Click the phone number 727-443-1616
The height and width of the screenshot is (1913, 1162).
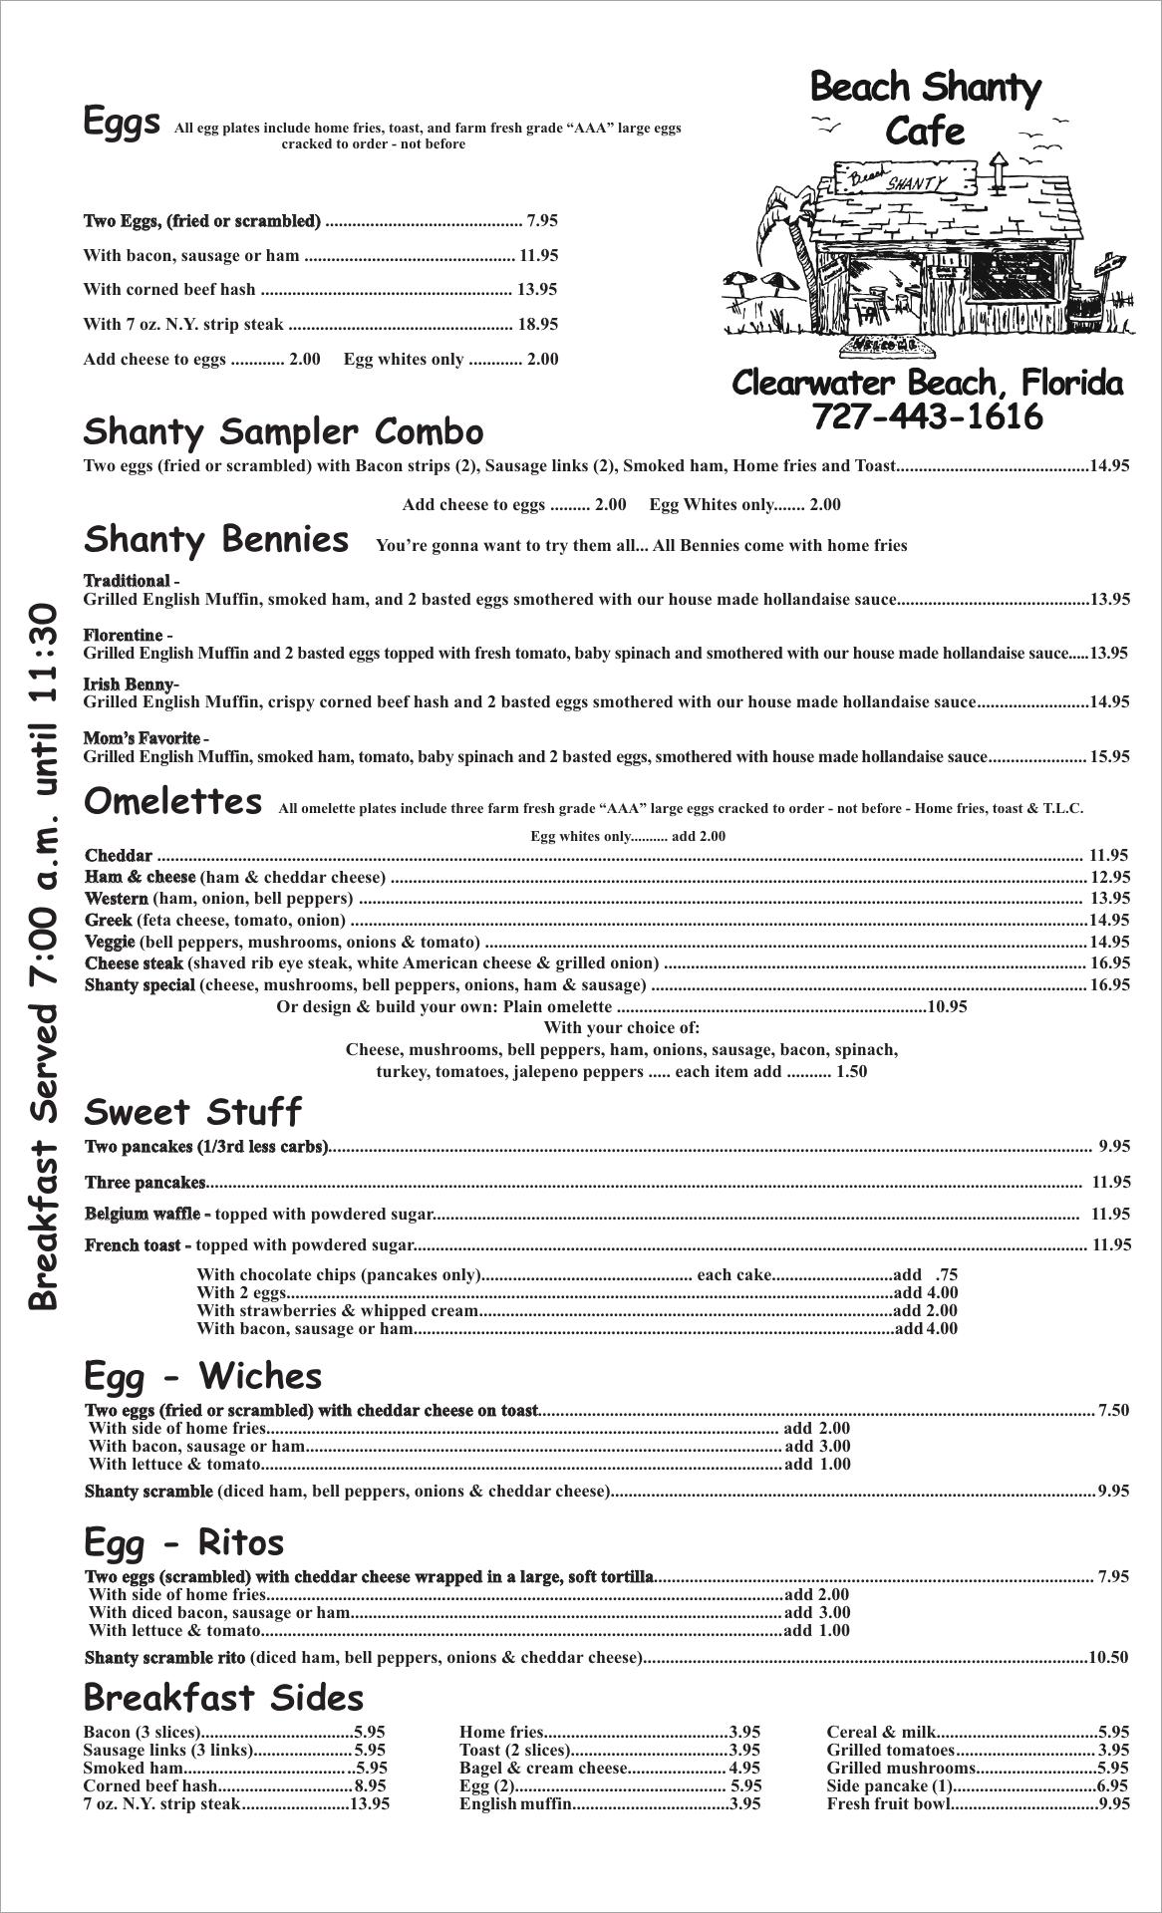click(x=927, y=416)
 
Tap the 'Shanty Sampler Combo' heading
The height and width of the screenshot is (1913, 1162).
click(x=283, y=432)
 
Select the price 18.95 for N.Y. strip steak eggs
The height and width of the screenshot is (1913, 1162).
click(x=537, y=324)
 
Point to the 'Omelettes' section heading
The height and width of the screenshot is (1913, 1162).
click(x=173, y=802)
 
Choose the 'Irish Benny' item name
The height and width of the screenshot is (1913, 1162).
click(x=130, y=684)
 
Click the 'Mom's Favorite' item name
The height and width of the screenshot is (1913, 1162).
click(x=142, y=738)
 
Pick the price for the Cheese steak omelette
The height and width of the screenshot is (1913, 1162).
click(x=1110, y=962)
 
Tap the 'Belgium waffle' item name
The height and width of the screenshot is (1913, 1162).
click(x=143, y=1214)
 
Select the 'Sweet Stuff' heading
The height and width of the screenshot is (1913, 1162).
click(x=192, y=1112)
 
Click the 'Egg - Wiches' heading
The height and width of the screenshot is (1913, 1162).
click(x=202, y=1376)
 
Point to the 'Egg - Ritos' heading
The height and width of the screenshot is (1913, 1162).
click(x=184, y=1542)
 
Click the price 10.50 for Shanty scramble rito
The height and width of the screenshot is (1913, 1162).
click(x=1108, y=1657)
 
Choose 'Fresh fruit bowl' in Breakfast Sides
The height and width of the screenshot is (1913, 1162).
click(x=888, y=1803)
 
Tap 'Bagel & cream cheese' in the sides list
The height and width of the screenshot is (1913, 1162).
click(x=543, y=1768)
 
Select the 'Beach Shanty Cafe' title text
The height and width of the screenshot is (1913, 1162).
click(x=925, y=108)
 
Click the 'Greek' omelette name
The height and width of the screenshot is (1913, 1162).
click(x=109, y=920)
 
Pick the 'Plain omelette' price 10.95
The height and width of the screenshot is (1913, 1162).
click(x=947, y=1006)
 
